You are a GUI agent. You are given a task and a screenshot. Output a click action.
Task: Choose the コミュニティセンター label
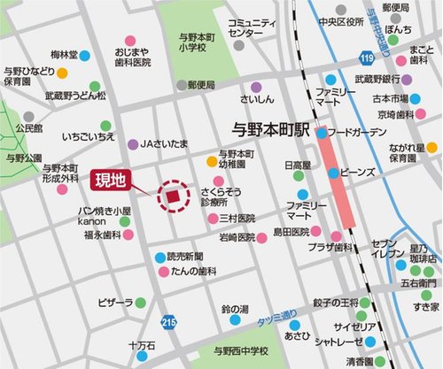coord(252,27)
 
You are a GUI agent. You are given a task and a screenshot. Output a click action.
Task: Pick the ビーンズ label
coord(358,171)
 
